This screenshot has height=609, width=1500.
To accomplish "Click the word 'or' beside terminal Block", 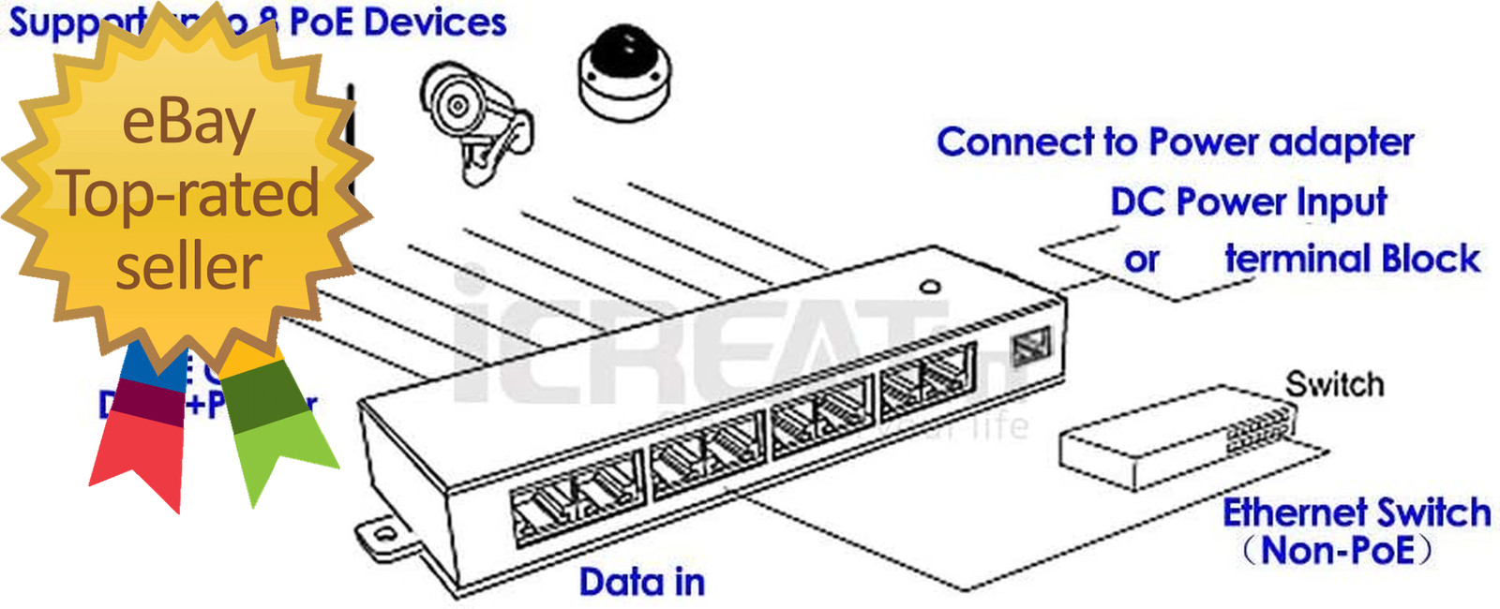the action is tap(1141, 260).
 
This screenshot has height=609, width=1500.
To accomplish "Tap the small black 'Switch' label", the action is tap(1334, 384).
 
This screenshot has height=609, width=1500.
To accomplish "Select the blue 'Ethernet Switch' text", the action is tap(1356, 512).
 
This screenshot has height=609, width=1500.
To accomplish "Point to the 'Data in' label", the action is tap(641, 582).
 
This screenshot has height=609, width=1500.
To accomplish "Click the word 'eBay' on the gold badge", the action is tap(188, 123).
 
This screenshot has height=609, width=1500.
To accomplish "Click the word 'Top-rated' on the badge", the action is tap(188, 194).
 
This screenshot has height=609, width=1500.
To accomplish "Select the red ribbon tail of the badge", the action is tap(141, 454).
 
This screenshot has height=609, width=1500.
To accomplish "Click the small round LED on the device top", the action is tap(929, 287).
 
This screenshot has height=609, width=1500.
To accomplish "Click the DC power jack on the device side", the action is tap(1030, 346).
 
